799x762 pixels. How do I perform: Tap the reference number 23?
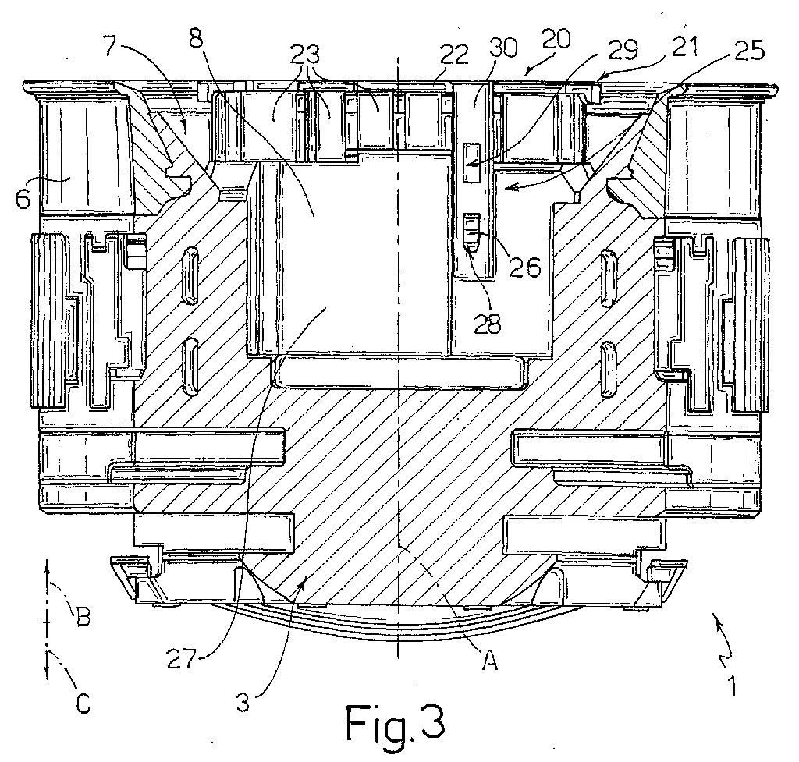coord(305,54)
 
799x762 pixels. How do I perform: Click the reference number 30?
coord(502,48)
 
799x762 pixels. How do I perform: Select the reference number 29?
coord(622,50)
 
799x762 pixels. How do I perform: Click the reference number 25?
coord(748,51)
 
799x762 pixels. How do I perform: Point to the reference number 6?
coord(23,199)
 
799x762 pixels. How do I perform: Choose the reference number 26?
coord(524,266)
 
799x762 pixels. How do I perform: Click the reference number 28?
coord(487,323)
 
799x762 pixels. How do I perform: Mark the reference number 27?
coord(181,660)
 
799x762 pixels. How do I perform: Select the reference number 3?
coord(243,703)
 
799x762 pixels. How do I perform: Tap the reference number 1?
coord(732,686)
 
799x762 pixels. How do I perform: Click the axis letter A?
coord(490,661)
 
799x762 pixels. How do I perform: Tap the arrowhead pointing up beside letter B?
coord(46,566)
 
